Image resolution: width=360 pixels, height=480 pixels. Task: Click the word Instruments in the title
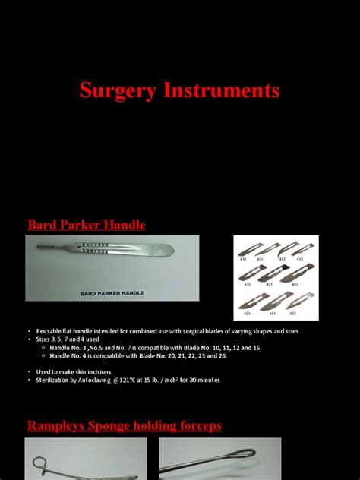pos(226,91)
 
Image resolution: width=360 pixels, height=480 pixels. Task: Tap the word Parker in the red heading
pos(83,225)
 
